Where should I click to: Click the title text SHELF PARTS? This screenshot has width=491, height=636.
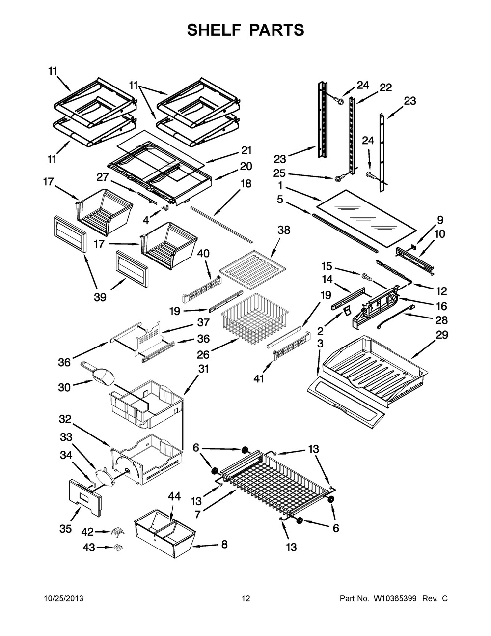(x=245, y=30)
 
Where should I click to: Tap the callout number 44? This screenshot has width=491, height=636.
(x=175, y=497)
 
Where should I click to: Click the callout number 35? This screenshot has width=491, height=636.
(x=65, y=528)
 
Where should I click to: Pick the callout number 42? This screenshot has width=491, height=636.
(x=87, y=531)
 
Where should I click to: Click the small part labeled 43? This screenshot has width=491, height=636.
(x=118, y=548)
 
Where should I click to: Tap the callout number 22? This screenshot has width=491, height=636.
(x=385, y=88)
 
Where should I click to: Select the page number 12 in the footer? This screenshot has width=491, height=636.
(x=245, y=599)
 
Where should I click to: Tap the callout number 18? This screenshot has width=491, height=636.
(x=245, y=184)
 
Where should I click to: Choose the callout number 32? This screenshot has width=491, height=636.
(x=65, y=419)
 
